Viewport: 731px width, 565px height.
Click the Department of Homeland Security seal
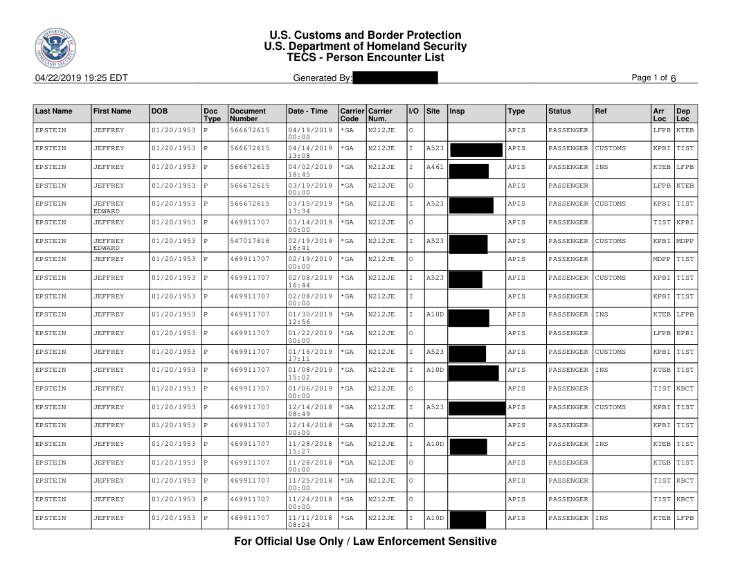coord(55,50)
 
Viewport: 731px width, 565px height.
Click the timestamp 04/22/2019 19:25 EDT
coord(81,78)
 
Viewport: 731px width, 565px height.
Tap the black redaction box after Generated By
coord(395,78)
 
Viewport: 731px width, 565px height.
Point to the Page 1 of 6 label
coord(653,78)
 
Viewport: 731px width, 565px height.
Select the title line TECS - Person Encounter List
coord(365,57)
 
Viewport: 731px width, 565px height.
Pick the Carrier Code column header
coord(352,114)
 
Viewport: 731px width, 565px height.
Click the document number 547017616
coord(249,241)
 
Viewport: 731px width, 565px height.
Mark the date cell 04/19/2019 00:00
coord(309,134)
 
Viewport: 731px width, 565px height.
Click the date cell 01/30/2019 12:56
coord(309,318)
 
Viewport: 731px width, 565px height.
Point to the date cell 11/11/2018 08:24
coord(309,521)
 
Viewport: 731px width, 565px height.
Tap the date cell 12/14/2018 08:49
coord(309,411)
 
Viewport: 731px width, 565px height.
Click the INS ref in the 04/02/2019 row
coord(602,167)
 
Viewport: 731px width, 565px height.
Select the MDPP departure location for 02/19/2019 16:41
coord(685,241)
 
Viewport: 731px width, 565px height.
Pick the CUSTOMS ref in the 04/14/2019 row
coord(610,148)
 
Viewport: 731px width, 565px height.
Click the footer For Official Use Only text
coord(365,541)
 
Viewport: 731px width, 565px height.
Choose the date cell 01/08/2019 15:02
coord(309,373)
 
